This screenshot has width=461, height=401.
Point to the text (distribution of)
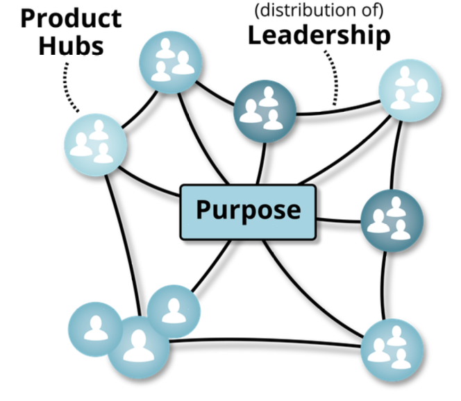pyautogui.click(x=319, y=11)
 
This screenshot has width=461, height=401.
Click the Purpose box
pyautogui.click(x=248, y=211)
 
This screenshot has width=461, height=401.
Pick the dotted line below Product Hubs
pyautogui.click(x=69, y=87)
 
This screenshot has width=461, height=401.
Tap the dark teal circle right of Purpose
pyautogui.click(x=392, y=219)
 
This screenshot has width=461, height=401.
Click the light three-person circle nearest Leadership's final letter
pyautogui.click(x=410, y=91)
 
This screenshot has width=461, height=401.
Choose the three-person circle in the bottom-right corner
pyautogui.click(x=392, y=350)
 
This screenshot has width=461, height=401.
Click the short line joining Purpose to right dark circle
pyautogui.click(x=338, y=221)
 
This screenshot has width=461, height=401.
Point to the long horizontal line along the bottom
pyautogui.click(x=264, y=341)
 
